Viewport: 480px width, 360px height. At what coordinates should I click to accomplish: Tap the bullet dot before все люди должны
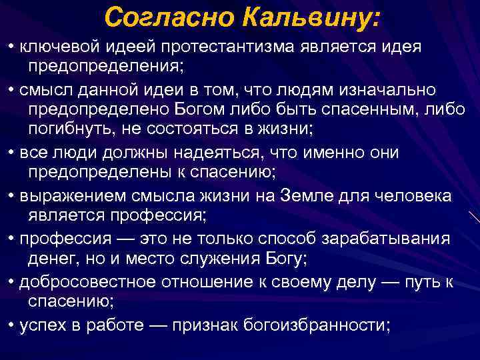pyautogui.click(x=12, y=153)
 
